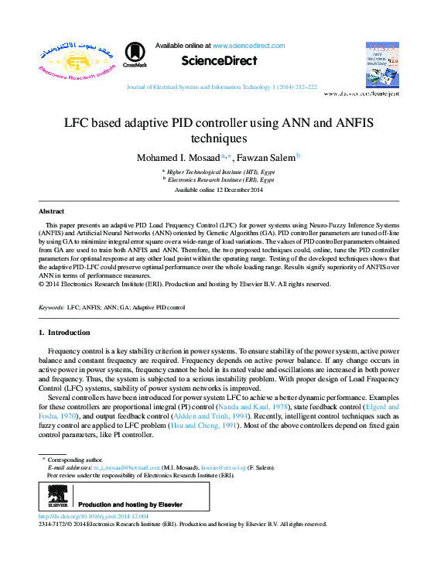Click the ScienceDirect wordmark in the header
pyautogui.click(x=219, y=61)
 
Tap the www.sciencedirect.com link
pyautogui.click(x=248, y=46)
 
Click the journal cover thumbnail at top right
pyautogui.click(x=381, y=65)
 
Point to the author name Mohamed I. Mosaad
pyautogui.click(x=179, y=157)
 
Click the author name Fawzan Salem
pyautogui.click(x=263, y=157)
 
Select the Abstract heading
pyautogui.click(x=51, y=210)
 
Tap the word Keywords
pyautogui.click(x=51, y=308)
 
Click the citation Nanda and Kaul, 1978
pyautogui.click(x=265, y=405)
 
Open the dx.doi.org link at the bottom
pyautogui.click(x=93, y=515)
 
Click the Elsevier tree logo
pyautogui.click(x=56, y=497)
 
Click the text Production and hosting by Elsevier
pyautogui.click(x=131, y=504)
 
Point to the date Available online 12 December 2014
pyautogui.click(x=219, y=190)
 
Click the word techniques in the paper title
pyautogui.click(x=218, y=139)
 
